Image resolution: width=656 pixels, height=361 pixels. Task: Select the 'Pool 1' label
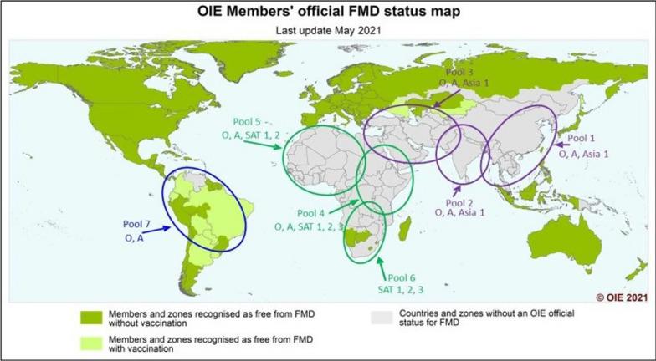[583, 139]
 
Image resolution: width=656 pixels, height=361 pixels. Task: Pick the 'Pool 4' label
[303, 214]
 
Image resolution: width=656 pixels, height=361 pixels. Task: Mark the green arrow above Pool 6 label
[383, 266]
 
